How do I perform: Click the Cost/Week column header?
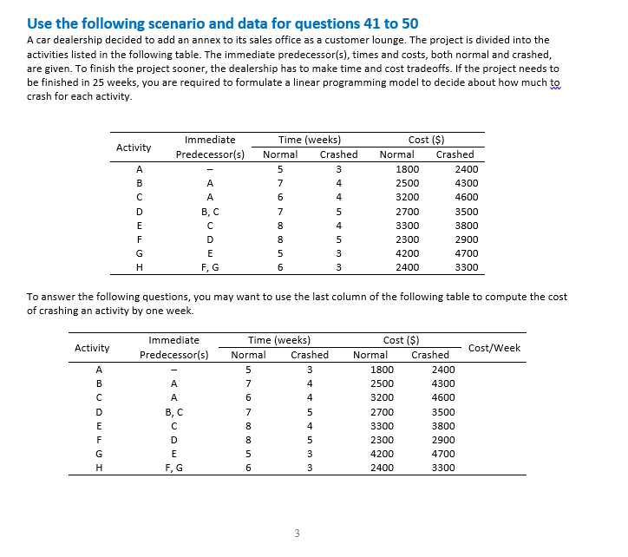point(494,348)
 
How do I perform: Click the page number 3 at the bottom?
point(297,534)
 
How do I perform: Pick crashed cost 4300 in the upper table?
point(467,184)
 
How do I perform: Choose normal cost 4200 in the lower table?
point(382,453)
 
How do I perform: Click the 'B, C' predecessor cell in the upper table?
point(210,212)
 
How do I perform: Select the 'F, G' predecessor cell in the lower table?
point(173,467)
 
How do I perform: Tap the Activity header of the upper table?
point(134,147)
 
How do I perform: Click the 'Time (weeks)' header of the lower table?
point(279,340)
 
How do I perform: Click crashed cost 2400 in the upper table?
point(467,170)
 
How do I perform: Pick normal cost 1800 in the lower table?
point(382,370)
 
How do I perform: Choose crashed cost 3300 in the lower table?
point(442,467)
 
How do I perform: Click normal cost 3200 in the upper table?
point(407,198)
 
